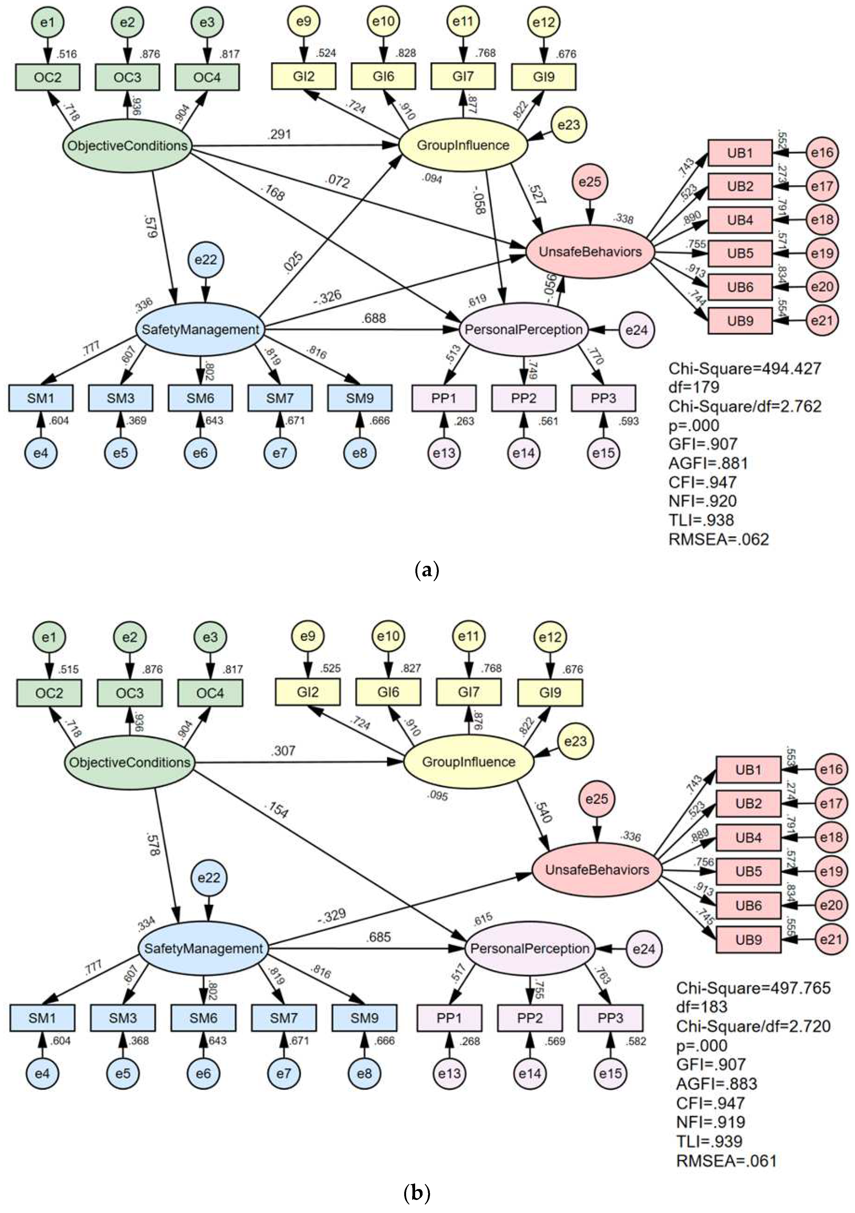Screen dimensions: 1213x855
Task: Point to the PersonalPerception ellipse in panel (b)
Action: (x=530, y=948)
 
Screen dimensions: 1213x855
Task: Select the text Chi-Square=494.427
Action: (x=745, y=368)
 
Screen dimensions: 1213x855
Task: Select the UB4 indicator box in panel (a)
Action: (x=740, y=220)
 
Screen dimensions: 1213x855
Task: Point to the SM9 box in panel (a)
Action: (x=360, y=398)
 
